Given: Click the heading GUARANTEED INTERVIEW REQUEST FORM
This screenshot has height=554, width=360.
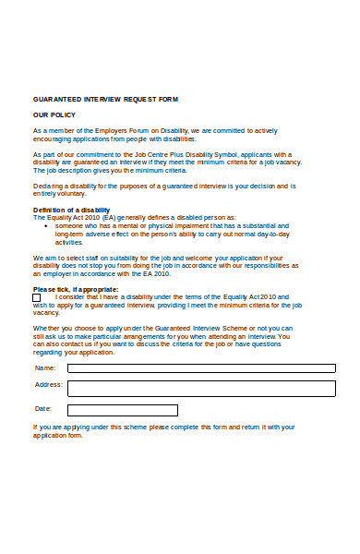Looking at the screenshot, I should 105,98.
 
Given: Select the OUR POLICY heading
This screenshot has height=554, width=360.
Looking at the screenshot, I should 54,114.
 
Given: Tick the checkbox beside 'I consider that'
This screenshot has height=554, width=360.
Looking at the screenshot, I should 37,297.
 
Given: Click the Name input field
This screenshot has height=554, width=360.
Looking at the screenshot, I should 201,367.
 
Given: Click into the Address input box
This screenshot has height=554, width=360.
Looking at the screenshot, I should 201,388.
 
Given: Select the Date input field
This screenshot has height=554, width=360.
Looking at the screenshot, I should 122,410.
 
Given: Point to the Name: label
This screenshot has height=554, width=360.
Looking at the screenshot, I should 44,367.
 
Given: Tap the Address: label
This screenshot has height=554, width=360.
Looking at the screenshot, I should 48,384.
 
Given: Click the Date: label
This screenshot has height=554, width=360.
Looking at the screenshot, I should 43,408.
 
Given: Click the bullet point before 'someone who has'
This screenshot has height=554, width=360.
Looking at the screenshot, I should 46,225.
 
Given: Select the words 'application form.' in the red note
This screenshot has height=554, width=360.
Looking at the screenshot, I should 57,435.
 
